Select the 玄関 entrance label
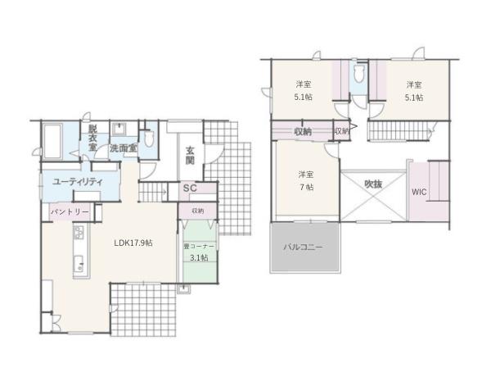pyautogui.click(x=190, y=155)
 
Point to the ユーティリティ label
pyautogui.click(x=76, y=181)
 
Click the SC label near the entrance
pyautogui.click(x=188, y=189)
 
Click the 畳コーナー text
pyautogui.click(x=199, y=245)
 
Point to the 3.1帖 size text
pyautogui.click(x=199, y=257)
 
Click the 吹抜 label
pyautogui.click(x=373, y=184)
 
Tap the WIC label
pyautogui.click(x=420, y=193)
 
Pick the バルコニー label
pyautogui.click(x=303, y=247)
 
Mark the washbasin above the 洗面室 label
pyautogui.click(x=119, y=129)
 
